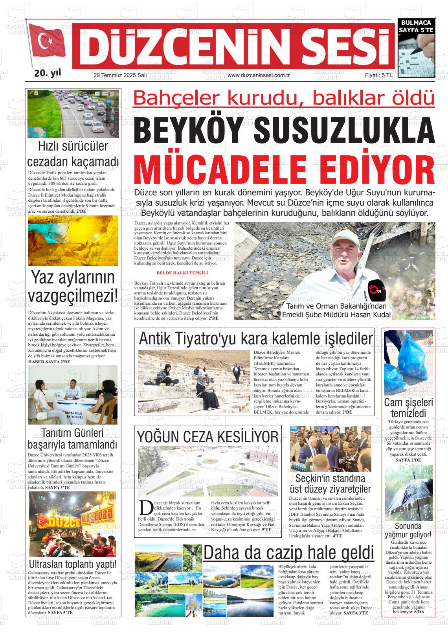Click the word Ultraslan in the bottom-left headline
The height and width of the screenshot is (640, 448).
click(x=48, y=565)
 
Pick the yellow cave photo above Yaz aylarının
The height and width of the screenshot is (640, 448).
click(x=73, y=241)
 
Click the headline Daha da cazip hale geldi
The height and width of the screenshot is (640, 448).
click(x=288, y=552)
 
